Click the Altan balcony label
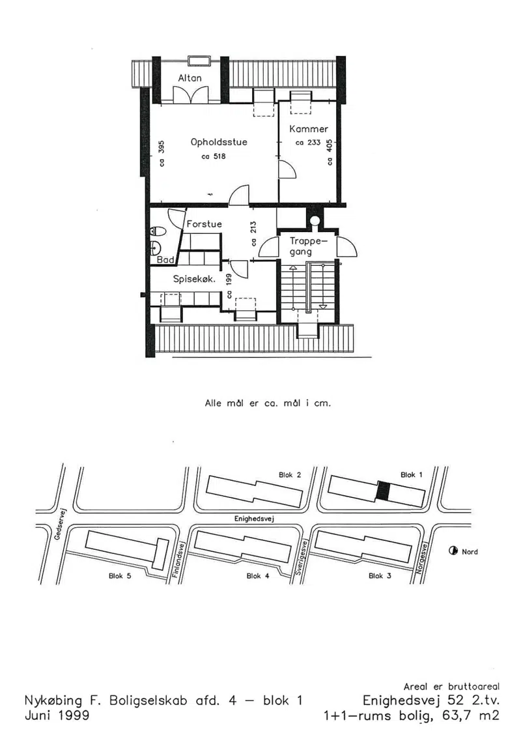(x=190, y=78)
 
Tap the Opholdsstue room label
(x=219, y=142)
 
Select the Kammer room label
(x=309, y=129)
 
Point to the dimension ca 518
(x=214, y=156)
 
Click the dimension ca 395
(x=161, y=153)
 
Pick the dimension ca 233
(x=307, y=143)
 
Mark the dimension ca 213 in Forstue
(x=254, y=233)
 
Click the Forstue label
(x=204, y=224)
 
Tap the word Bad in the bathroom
(x=165, y=259)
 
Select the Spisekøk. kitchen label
(x=195, y=279)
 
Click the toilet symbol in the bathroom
(x=158, y=231)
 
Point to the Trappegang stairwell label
(x=307, y=246)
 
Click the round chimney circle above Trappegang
(x=315, y=220)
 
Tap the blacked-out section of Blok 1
(x=384, y=491)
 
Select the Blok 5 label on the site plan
(x=120, y=576)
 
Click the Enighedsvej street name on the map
(x=254, y=519)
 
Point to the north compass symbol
(x=453, y=551)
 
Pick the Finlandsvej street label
(x=179, y=559)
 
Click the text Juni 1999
(x=57, y=715)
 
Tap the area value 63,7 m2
(x=471, y=716)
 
